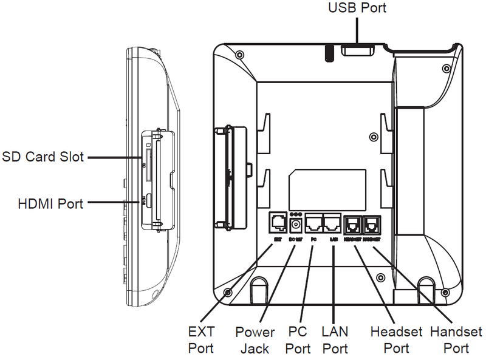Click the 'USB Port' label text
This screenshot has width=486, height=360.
(357, 8)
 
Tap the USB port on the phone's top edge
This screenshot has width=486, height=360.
(357, 50)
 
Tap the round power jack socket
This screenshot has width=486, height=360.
(297, 225)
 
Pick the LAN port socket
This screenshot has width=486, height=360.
(332, 223)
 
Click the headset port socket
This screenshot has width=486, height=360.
(353, 224)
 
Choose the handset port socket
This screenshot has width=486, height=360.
(371, 224)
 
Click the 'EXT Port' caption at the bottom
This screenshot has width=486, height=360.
(201, 340)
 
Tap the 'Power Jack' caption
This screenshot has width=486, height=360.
(255, 340)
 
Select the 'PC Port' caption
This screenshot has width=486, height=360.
(298, 340)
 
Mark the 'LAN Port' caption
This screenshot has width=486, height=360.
(335, 340)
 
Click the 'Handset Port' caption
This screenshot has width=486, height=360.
(456, 340)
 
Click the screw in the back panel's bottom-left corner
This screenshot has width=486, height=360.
(228, 292)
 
